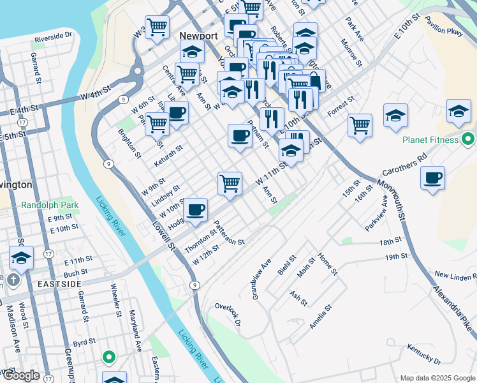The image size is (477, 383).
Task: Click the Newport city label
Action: [199, 36]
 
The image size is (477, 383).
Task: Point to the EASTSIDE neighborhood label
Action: [59, 283]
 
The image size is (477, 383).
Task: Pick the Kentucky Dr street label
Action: [424, 357]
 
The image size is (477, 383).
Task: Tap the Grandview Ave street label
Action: [261, 279]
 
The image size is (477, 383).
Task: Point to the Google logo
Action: [21, 375]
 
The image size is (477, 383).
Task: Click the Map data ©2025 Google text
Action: [437, 377]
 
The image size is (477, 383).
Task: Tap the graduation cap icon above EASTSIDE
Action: [21, 259]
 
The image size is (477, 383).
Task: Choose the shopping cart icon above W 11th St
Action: [230, 183]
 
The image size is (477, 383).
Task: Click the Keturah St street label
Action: [168, 156]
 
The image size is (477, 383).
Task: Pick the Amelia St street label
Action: [321, 316]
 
